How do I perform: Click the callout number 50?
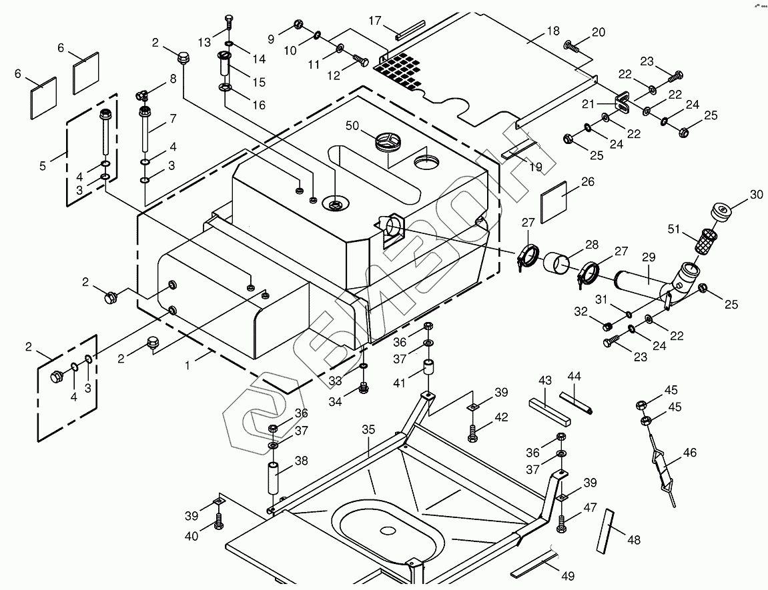[352, 125]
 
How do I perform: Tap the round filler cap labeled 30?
[721, 213]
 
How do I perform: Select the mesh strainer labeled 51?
[705, 241]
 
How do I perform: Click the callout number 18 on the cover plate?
[553, 31]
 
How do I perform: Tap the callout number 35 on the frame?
[369, 430]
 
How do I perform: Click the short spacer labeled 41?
[428, 369]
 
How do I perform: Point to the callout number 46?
[690, 453]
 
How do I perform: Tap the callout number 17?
[374, 21]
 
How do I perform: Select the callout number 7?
[173, 119]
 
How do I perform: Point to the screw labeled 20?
[572, 46]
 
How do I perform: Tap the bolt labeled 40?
[218, 522]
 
